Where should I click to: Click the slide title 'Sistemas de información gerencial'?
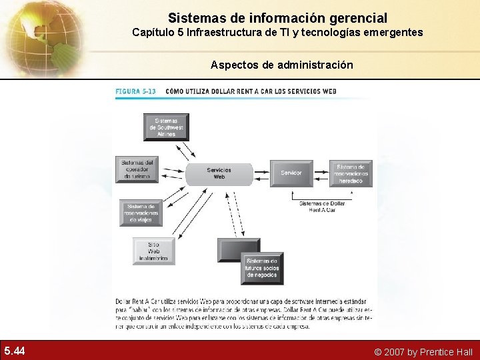point(277,17)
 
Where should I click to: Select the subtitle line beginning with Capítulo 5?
point(277,32)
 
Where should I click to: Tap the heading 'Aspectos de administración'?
point(282,65)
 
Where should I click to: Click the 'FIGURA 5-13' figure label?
point(135,91)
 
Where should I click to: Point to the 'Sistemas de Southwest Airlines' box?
point(166,127)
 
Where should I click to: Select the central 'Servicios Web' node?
point(219,173)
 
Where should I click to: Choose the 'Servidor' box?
point(291,173)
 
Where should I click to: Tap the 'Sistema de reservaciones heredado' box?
point(351,173)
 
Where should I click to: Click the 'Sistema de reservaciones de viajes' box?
point(141,213)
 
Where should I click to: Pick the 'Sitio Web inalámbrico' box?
point(155,251)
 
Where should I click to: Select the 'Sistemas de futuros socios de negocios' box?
point(262,268)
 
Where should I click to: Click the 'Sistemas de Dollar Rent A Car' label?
point(322,206)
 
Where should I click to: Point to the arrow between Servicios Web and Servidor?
point(261,173)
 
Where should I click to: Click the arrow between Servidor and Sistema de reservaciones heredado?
point(321,173)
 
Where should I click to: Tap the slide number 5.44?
point(15,351)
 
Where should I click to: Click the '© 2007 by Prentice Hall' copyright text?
point(423,351)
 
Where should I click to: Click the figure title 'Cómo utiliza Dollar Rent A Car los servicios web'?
point(251,91)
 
